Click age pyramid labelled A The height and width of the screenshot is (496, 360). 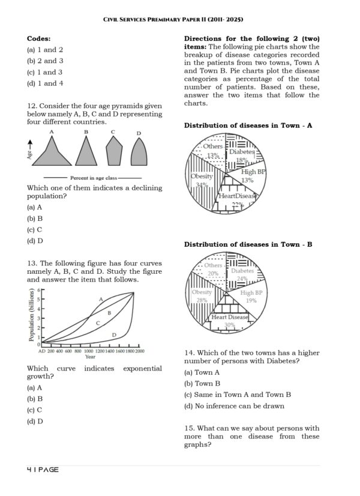click(x=52, y=153)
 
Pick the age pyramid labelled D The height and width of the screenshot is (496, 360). click(x=139, y=153)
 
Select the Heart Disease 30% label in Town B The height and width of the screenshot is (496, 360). click(x=229, y=321)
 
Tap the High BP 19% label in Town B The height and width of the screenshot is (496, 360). click(x=252, y=297)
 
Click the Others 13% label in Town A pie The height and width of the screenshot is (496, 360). click(x=212, y=151)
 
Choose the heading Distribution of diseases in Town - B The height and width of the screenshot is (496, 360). click(x=248, y=244)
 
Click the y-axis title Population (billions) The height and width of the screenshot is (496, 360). click(x=32, y=315)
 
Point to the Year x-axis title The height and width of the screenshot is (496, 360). click(x=89, y=357)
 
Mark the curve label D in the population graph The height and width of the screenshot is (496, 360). click(x=114, y=334)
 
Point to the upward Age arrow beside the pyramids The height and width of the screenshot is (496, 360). click(x=31, y=145)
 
